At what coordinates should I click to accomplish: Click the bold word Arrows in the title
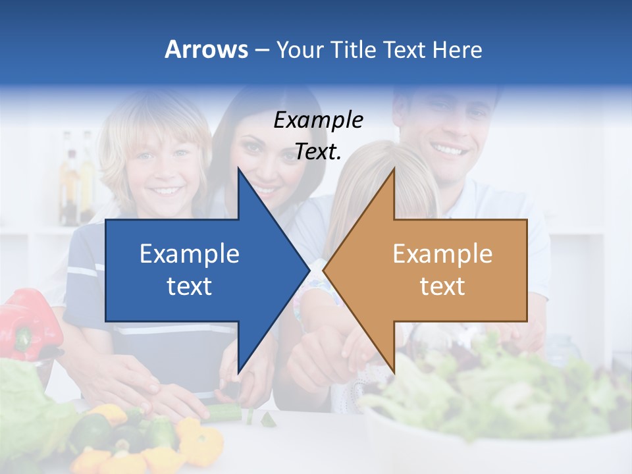206,49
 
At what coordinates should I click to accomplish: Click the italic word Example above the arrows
318,120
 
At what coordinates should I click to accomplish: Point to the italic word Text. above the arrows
318,151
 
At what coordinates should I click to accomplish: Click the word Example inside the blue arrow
190,253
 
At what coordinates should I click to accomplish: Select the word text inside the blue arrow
190,286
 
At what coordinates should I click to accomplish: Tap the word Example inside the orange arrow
442,253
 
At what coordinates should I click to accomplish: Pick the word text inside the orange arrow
442,286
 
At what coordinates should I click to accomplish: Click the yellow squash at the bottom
197,438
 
